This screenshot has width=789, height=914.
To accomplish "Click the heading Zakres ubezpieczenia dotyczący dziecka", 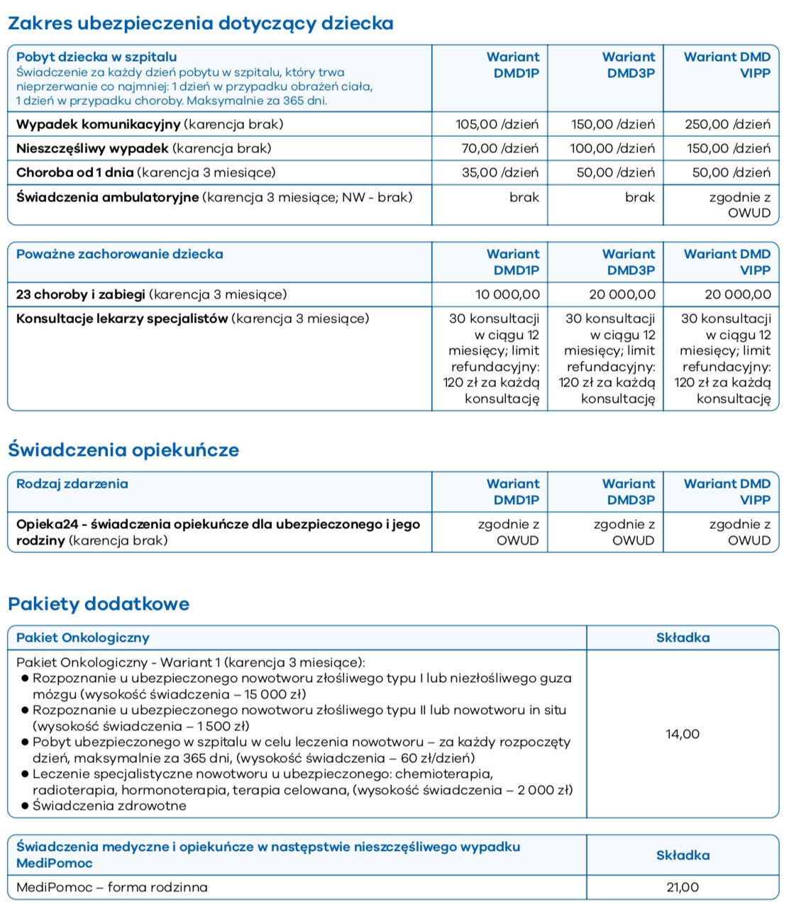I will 200,23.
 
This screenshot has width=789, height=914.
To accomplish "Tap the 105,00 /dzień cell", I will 497,124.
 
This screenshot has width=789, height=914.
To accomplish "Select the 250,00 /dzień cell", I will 727,124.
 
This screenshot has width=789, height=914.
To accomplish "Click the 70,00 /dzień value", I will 500,148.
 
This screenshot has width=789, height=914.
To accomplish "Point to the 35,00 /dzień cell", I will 500,172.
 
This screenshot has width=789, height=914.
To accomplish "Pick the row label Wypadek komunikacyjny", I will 99,124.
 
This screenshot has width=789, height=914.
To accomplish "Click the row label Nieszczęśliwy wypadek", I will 92,148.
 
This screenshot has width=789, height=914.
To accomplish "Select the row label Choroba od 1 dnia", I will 75,172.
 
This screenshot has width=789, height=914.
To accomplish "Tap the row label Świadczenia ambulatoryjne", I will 107,197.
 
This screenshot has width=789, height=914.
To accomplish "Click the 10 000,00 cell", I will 507,294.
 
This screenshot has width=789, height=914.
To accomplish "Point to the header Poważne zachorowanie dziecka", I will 119,254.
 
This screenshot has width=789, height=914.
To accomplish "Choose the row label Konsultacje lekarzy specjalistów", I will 122,318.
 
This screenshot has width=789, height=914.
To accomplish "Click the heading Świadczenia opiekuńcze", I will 123,450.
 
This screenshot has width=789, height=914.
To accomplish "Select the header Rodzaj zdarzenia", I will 72,484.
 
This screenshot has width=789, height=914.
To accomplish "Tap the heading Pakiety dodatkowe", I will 99,603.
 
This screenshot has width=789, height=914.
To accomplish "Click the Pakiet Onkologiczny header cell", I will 83,637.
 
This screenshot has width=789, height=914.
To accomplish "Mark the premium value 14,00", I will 682,734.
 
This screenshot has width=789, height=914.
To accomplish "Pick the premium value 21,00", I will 682,887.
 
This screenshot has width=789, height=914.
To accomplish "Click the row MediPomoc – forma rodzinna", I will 112,887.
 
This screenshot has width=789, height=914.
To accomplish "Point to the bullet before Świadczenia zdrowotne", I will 25,806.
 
